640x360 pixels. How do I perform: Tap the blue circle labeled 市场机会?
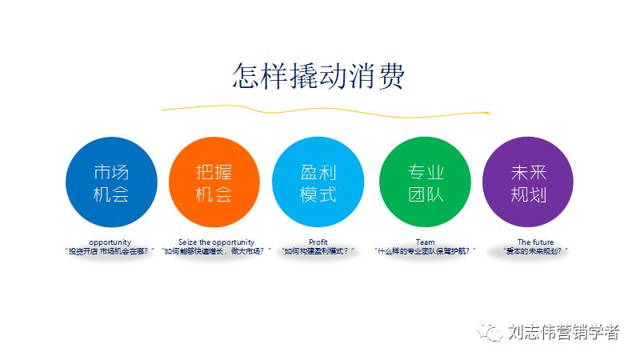tap(110, 183)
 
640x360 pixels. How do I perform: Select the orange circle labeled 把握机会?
tap(214, 183)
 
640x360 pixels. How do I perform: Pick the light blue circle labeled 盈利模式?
tap(318, 183)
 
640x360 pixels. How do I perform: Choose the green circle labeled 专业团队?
tap(425, 183)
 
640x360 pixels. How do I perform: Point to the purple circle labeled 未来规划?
tap(529, 183)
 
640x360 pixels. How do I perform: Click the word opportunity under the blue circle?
tap(110, 242)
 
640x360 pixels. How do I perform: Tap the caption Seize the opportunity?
tap(216, 242)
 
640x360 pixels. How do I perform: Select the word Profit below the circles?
tap(318, 242)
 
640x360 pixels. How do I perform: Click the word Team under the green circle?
tap(425, 242)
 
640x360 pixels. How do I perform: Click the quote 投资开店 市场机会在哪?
tap(110, 250)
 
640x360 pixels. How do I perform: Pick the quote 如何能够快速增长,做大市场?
tap(216, 250)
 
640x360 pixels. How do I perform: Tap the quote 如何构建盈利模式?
tap(318, 250)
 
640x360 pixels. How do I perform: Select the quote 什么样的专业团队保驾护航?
tap(425, 250)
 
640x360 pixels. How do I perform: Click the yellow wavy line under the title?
tap(320, 109)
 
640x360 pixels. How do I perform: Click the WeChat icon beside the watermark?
tap(490, 331)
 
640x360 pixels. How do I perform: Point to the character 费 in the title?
tap(388, 77)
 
